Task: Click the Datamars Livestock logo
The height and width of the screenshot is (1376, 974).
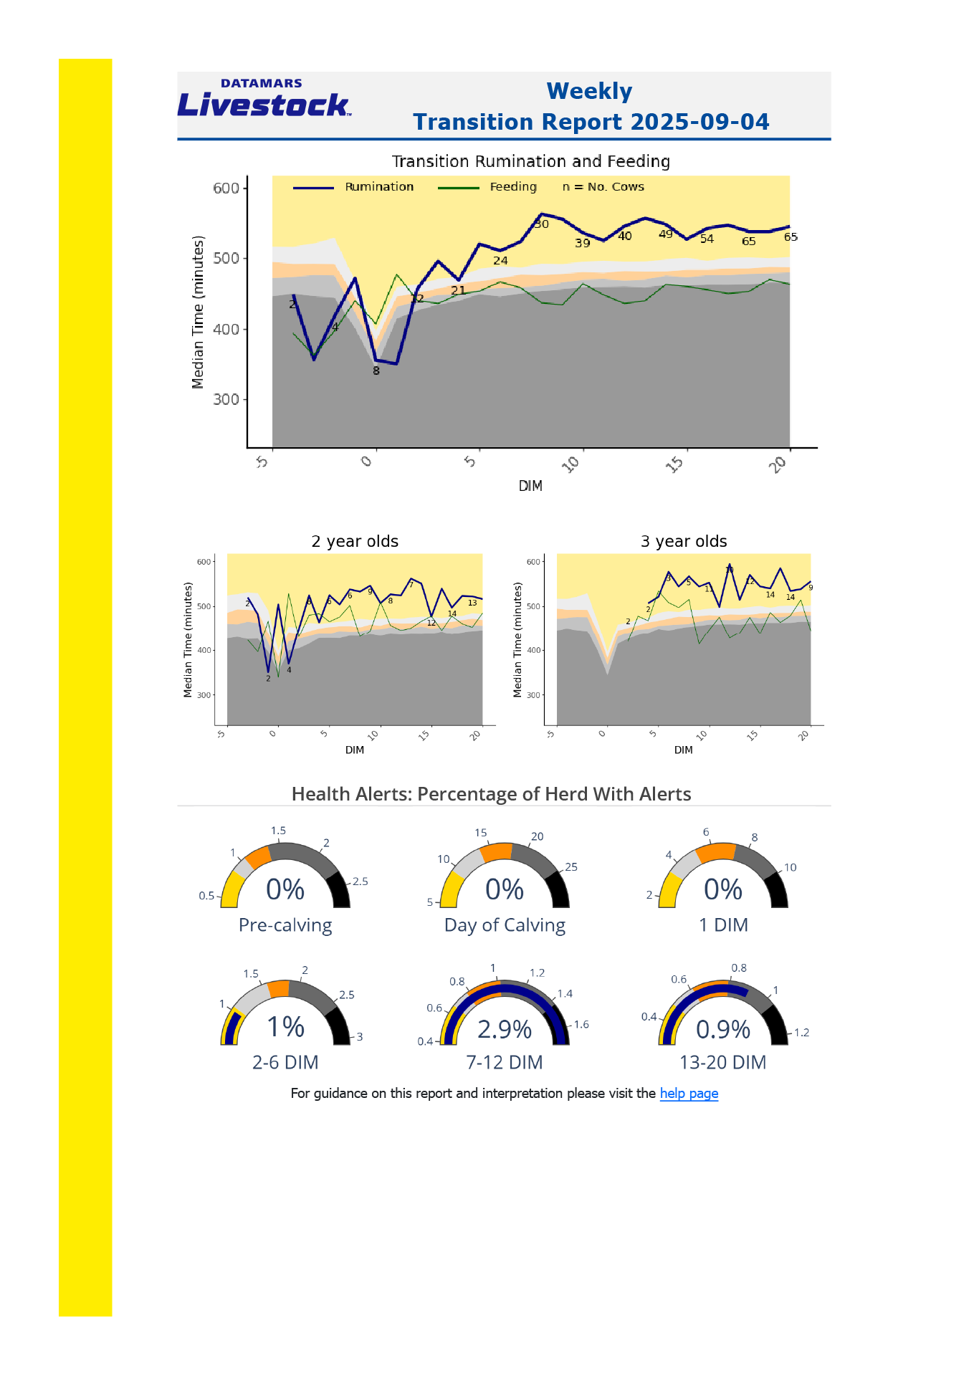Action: click(264, 99)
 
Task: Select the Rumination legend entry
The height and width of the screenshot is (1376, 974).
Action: click(379, 187)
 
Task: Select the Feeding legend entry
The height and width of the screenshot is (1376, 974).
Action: click(512, 187)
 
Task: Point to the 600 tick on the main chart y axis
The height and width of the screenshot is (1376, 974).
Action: click(226, 188)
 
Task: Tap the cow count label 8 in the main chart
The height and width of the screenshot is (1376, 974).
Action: click(376, 371)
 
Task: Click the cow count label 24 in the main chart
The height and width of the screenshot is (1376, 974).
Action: click(500, 261)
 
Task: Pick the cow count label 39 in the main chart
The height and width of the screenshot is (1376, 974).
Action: click(583, 244)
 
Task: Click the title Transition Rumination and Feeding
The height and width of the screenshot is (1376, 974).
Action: click(530, 161)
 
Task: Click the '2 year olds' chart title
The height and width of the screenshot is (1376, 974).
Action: click(355, 541)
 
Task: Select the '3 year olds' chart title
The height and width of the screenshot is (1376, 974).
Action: click(684, 541)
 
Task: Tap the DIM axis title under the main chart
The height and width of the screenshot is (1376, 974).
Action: click(530, 486)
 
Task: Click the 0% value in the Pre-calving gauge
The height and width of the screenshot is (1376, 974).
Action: click(285, 889)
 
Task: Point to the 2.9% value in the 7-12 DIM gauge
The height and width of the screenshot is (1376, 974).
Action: click(505, 1029)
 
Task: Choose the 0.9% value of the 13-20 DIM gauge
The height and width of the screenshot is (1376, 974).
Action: click(723, 1029)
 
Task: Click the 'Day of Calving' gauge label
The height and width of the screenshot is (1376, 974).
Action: click(505, 925)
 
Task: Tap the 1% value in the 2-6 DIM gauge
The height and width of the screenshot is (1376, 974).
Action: click(285, 1027)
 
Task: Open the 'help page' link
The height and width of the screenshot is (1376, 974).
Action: click(689, 1094)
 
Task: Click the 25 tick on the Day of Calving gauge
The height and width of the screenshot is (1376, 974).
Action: click(571, 867)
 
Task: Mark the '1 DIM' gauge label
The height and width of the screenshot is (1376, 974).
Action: click(723, 925)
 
